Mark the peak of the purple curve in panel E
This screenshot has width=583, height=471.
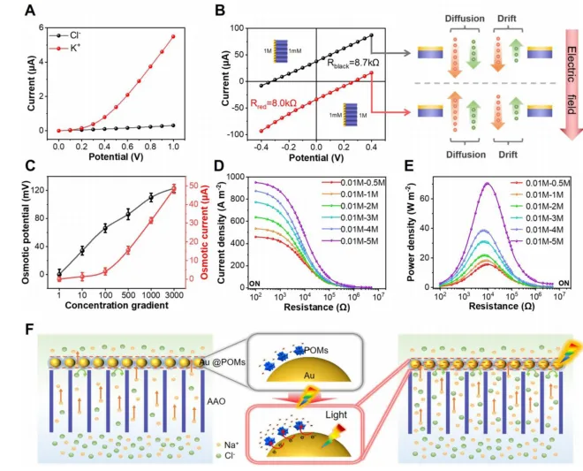pyautogui.click(x=486, y=184)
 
